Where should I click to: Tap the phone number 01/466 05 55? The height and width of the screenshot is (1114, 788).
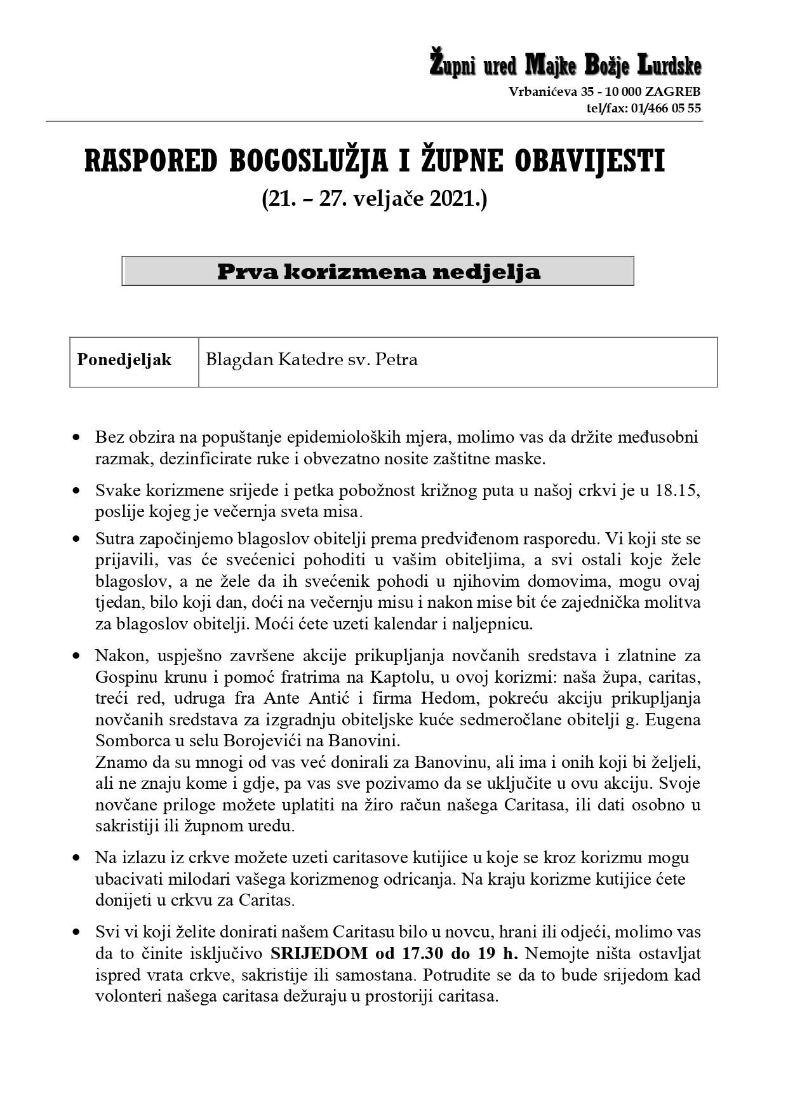(x=665, y=108)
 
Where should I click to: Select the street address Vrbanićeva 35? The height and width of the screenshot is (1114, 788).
(x=546, y=91)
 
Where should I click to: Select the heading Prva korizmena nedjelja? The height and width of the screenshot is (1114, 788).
(x=378, y=272)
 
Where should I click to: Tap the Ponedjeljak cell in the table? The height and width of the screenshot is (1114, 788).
(x=124, y=360)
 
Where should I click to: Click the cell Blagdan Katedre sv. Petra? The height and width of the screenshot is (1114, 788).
(x=312, y=360)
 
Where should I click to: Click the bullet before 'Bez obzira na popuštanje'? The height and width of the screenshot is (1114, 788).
(x=77, y=438)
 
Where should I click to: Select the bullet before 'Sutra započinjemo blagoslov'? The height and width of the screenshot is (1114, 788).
(x=77, y=539)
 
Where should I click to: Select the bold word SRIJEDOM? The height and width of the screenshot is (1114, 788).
(x=319, y=953)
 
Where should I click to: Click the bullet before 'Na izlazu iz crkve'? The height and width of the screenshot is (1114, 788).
(x=77, y=857)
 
